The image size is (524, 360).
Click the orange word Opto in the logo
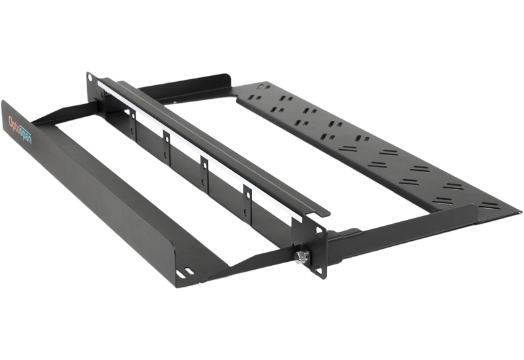tap(13, 124)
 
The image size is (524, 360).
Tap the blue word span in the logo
tap(25, 135)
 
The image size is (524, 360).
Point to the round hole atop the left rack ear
tap(90, 78)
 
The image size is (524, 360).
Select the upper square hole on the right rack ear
tap(319, 230)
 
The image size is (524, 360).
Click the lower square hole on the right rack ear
tap(319, 271)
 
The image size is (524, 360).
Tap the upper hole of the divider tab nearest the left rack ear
tap(133, 116)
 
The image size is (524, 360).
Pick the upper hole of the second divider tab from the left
tap(166, 138)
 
